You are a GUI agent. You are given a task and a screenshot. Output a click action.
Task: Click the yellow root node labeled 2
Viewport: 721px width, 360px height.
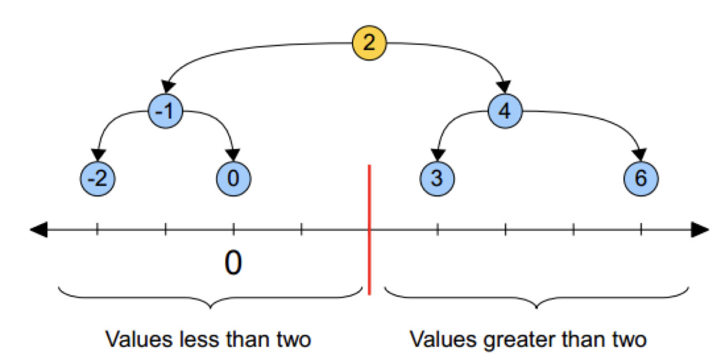[369, 43]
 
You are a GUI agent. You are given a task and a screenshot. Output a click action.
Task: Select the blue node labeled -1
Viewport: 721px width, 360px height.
[166, 111]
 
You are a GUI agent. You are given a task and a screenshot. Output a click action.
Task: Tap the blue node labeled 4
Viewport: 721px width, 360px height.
[505, 111]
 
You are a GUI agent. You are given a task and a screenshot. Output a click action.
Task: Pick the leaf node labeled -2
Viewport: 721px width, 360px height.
[97, 179]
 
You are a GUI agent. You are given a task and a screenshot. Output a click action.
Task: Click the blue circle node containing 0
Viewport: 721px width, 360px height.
[234, 179]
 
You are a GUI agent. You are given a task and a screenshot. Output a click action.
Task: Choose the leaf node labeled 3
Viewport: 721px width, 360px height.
[437, 179]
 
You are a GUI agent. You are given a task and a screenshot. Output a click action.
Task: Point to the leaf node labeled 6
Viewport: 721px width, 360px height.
[641, 179]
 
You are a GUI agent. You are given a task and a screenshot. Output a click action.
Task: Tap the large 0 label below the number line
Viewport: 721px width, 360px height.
[233, 263]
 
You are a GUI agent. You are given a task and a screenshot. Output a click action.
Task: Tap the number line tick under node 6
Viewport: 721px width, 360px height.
[641, 229]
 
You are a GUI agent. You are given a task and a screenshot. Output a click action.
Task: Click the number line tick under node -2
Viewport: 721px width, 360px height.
[97, 229]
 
